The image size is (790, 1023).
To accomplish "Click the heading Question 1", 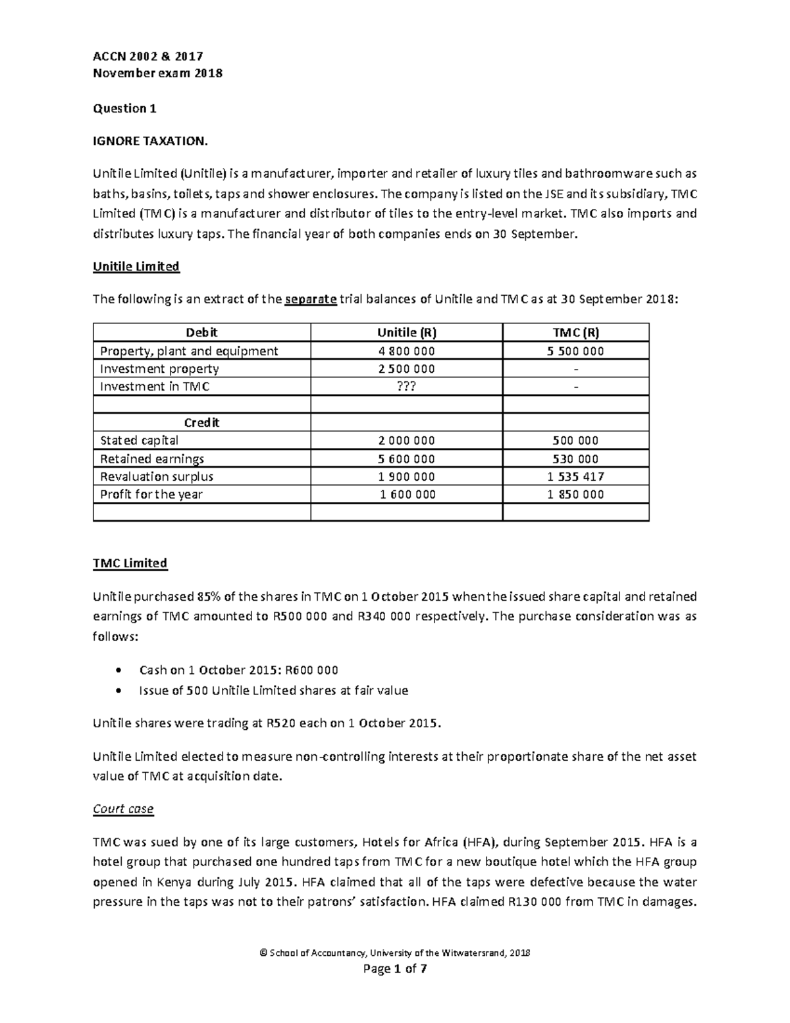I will click(x=124, y=109).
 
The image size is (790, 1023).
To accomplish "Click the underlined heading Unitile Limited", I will click(x=136, y=267).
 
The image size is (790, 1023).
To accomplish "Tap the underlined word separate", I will click(x=311, y=300).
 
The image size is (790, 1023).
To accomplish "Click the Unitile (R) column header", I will click(x=406, y=333).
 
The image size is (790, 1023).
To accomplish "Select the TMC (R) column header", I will click(x=575, y=333).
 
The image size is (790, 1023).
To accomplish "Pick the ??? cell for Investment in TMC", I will click(x=406, y=387).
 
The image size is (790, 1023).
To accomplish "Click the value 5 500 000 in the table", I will click(x=575, y=351).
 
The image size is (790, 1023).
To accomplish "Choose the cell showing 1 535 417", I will click(x=575, y=476).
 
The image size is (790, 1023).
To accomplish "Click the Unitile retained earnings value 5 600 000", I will click(x=406, y=459).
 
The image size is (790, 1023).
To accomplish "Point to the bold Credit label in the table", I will click(x=201, y=423).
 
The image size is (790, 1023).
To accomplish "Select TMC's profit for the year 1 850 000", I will click(x=575, y=495).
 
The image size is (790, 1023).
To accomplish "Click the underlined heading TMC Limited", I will click(x=130, y=564).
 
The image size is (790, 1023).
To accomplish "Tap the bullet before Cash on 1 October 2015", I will click(x=118, y=671).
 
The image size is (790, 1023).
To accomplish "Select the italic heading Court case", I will click(x=123, y=809).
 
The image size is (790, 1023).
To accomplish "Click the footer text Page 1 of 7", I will click(x=395, y=969).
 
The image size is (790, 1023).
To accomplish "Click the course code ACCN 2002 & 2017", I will click(x=148, y=57).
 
